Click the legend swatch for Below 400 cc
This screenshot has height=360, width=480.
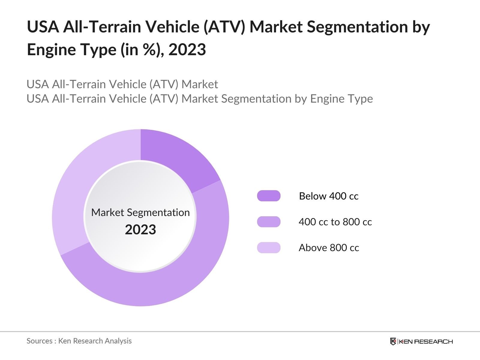[x=268, y=196]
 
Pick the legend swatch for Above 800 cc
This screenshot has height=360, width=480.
[x=268, y=248]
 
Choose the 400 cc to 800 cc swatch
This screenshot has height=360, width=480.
[x=268, y=222]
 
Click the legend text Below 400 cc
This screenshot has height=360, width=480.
[x=328, y=196]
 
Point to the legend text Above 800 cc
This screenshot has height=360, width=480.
[x=329, y=248]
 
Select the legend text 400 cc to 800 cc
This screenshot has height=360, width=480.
[x=335, y=222]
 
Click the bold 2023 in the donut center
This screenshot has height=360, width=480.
[x=140, y=230]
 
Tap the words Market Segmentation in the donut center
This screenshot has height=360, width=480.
[x=140, y=212]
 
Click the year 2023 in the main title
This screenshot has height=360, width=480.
[x=187, y=49]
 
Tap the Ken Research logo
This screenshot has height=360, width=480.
[x=421, y=341]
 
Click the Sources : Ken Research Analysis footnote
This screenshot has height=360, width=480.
[x=79, y=341]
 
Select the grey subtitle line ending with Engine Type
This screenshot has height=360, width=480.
[x=199, y=99]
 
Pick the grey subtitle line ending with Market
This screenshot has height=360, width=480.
[x=122, y=84]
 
